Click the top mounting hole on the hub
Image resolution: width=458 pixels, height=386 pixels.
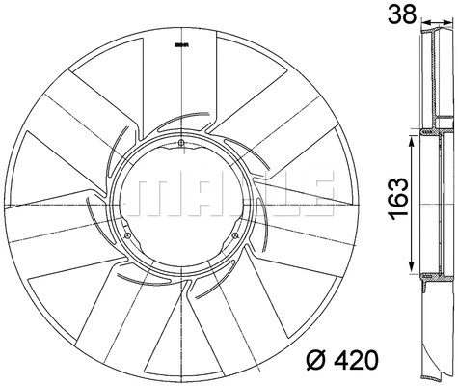click(181, 145)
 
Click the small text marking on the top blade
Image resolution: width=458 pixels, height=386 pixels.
click(180, 45)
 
